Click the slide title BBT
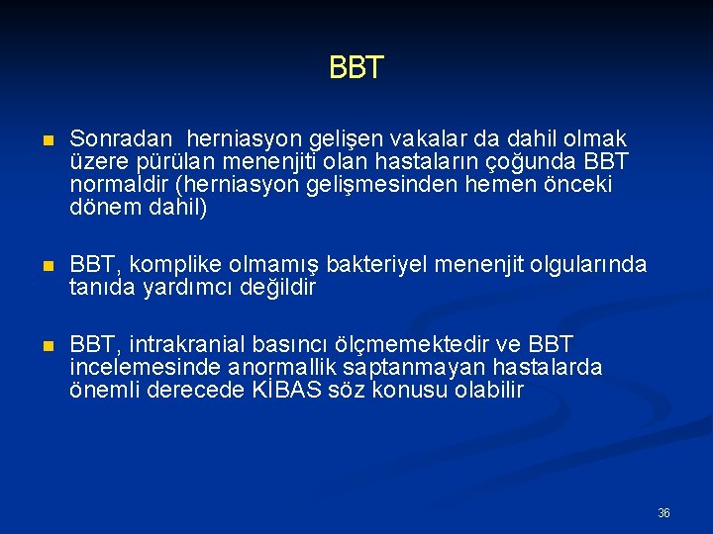coord(356,68)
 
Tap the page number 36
coord(663,513)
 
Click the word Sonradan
coord(113,139)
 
